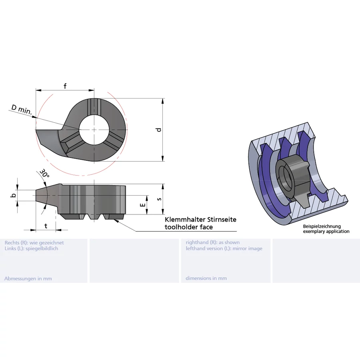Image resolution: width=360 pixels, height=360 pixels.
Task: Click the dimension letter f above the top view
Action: [x=65, y=86]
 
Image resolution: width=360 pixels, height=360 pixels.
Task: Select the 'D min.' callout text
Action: [x=22, y=110]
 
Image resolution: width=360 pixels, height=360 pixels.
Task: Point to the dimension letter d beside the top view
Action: [x=159, y=130]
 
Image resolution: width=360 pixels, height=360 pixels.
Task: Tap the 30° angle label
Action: [x=44, y=173]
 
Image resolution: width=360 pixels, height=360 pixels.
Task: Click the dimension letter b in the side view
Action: [x=14, y=195]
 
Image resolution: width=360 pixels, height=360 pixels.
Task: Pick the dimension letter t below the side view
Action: [x=46, y=226]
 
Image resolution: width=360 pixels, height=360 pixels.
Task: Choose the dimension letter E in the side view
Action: [x=143, y=204]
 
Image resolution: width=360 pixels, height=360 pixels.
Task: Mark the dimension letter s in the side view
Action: [x=159, y=199]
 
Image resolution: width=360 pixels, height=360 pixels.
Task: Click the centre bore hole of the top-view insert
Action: [x=94, y=130]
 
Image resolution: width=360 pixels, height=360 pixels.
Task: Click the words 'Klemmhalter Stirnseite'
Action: [x=200, y=220]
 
